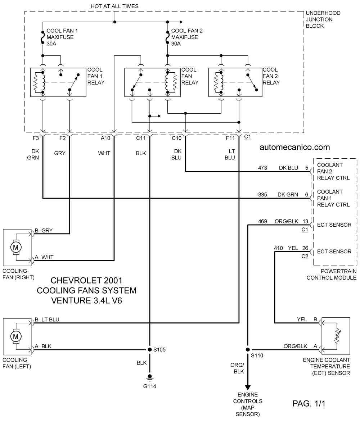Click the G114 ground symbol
point(150,378)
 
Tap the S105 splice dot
point(150,350)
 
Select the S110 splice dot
point(248,350)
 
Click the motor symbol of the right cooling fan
point(15,247)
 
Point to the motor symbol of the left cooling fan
point(15,336)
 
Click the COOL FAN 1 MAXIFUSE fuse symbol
point(42,37)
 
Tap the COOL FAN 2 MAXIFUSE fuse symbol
point(167,37)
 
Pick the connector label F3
point(36,138)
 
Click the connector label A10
point(105,138)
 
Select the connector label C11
point(141,138)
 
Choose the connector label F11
point(230,138)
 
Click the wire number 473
point(262,168)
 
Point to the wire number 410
point(278,248)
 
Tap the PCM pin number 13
point(306,222)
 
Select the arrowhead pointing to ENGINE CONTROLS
point(248,388)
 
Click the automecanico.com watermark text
point(295,147)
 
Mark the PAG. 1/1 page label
point(309,403)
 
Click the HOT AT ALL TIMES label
point(114,6)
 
